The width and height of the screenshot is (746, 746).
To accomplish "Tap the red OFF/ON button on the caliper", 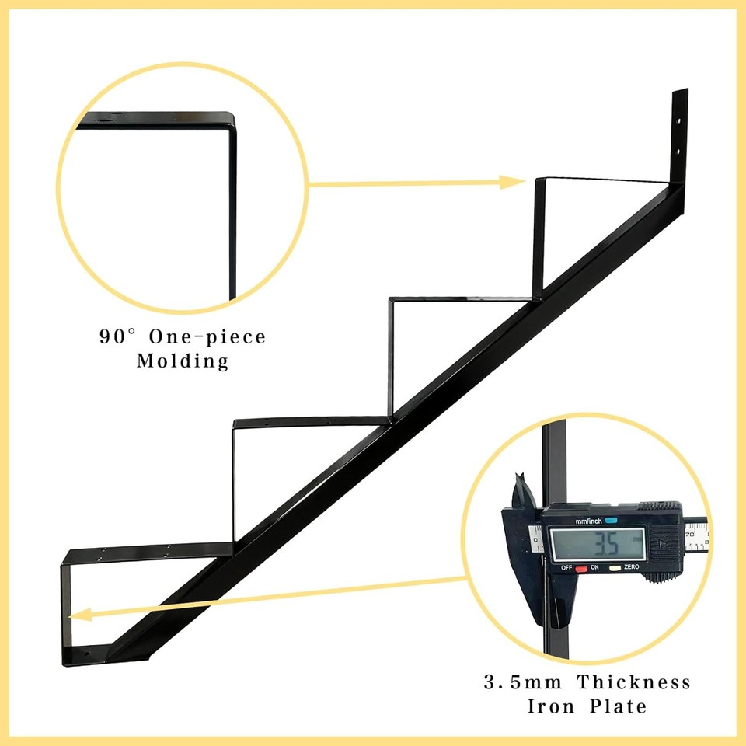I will [580, 569].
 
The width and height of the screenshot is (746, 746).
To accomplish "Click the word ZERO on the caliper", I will [630, 567].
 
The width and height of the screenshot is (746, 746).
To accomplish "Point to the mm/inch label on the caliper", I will [589, 521].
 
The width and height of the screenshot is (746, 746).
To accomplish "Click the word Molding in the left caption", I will [183, 361].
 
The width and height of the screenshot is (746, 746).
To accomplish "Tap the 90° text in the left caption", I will [117, 337].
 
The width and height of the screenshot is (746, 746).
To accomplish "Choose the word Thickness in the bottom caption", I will [633, 683].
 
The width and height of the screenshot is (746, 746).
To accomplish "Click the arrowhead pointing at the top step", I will [514, 183].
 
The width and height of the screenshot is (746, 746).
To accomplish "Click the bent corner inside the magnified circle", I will [228, 120].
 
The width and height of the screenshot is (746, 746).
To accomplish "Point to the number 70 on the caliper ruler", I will [688, 535].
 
